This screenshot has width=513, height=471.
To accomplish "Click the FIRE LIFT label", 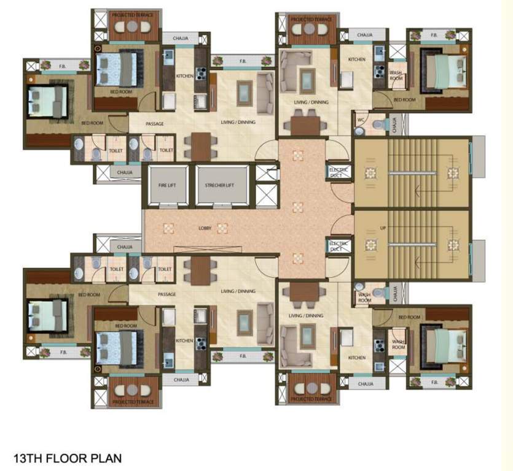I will point(167,185).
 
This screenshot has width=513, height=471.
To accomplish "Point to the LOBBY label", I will point(205,228).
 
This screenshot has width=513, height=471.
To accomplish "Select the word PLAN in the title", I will point(107,458).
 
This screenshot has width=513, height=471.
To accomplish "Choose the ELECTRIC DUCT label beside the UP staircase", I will point(339,247).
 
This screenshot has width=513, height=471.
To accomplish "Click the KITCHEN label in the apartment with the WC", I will point(357,59).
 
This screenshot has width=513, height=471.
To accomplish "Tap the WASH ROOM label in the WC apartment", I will point(396,76).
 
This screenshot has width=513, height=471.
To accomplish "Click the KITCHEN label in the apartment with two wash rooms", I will point(357,358).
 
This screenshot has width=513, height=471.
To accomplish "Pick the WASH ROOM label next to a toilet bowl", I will point(364,297).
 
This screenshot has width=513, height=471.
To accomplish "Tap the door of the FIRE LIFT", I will point(167,204).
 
